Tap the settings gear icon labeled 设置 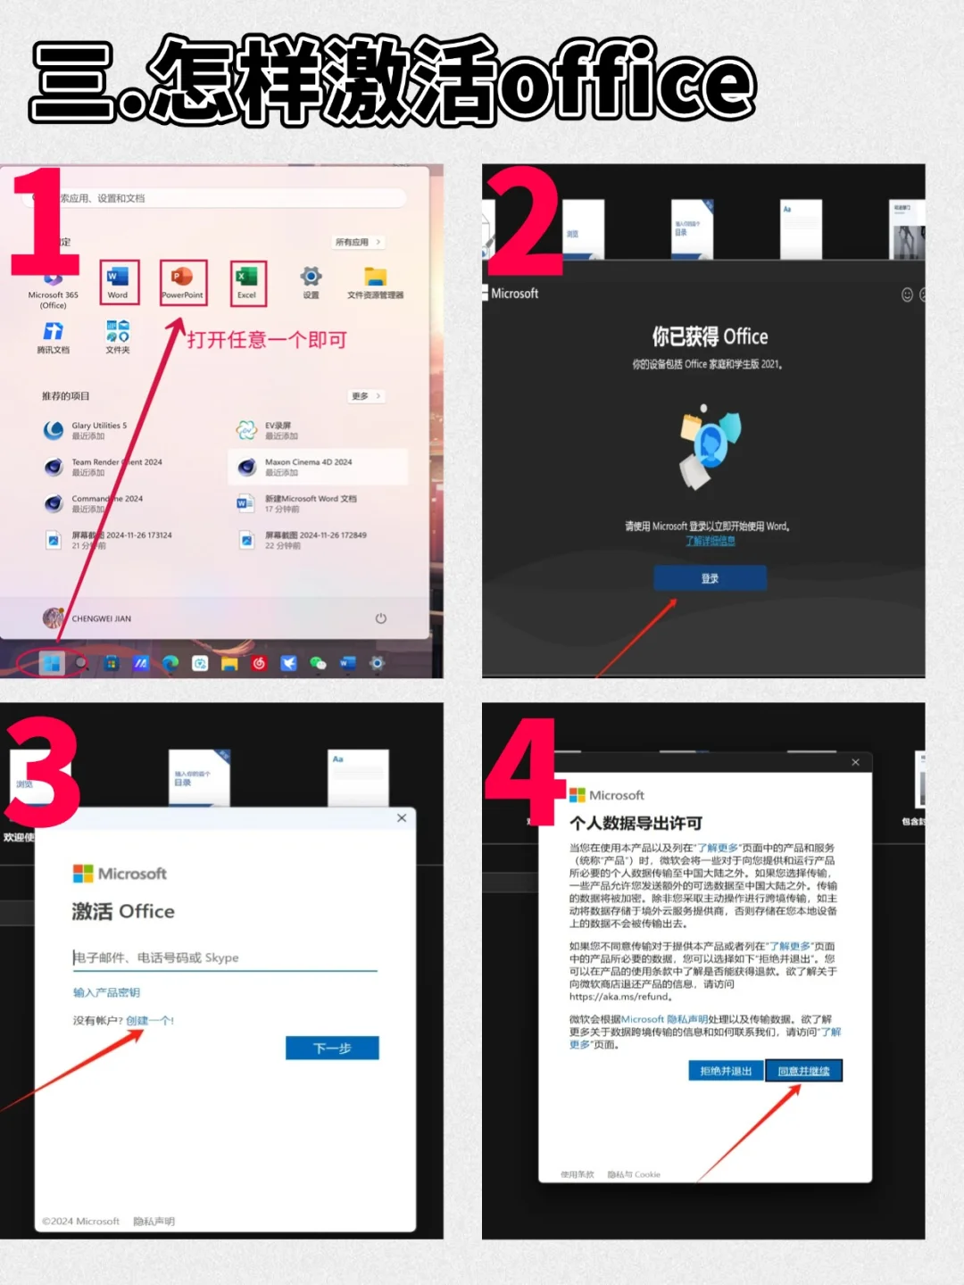coord(311,278)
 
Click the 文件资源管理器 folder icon coord(375,278)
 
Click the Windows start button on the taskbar coord(52,663)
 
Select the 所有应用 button coord(358,242)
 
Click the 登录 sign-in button coord(710,578)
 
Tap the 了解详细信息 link coord(710,541)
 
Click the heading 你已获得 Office coord(710,336)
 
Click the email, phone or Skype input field coord(224,958)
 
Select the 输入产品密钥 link coord(106,992)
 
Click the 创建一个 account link coord(149,1020)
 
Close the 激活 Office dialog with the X coord(402,817)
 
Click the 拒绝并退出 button coord(726,1071)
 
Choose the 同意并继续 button coord(803,1071)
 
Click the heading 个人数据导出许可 coord(636,823)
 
